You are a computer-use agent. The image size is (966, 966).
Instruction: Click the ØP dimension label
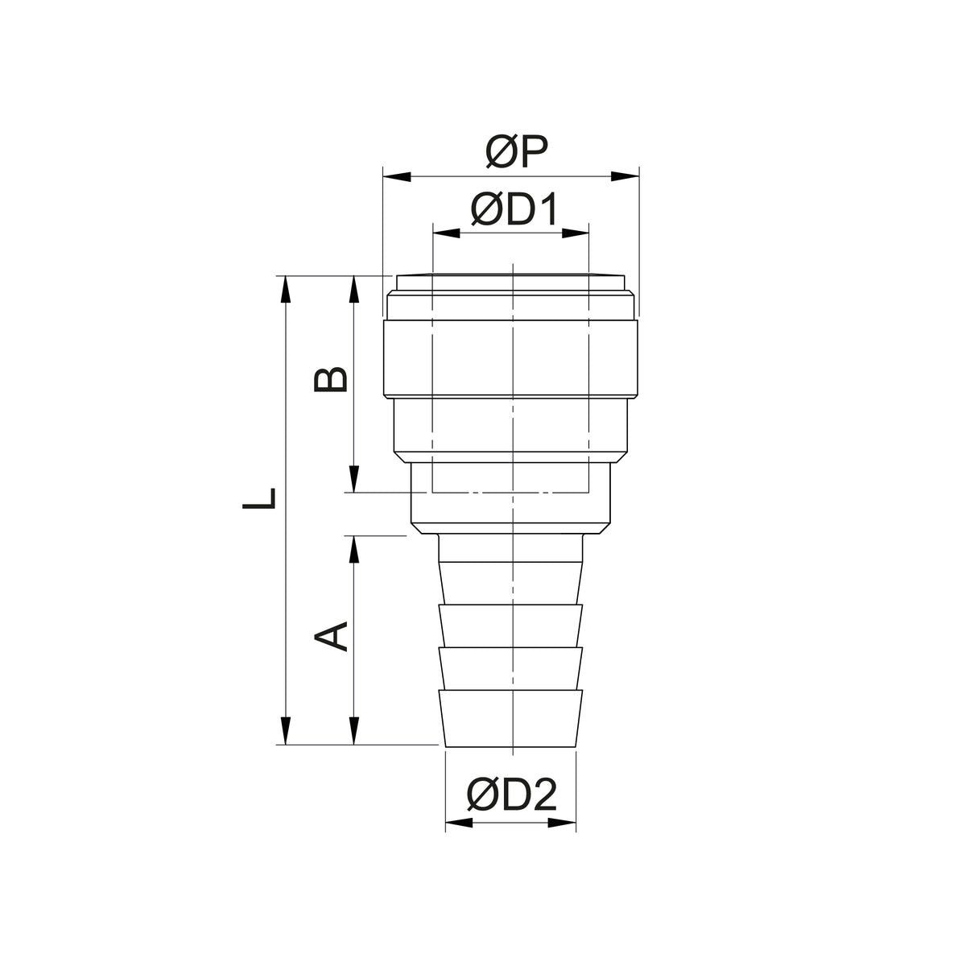(516, 151)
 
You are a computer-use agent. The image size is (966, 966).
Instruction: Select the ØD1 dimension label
(514, 209)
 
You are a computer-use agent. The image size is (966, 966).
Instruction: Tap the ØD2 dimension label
(511, 795)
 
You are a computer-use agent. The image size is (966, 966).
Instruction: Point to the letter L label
(259, 499)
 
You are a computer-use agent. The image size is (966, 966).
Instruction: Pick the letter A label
(331, 637)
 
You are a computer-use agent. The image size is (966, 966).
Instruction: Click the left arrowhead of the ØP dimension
(397, 176)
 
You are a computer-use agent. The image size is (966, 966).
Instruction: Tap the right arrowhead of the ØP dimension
(625, 176)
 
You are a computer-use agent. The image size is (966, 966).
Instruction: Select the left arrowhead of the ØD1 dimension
(446, 233)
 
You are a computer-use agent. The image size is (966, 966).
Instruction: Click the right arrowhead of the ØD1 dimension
(575, 233)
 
